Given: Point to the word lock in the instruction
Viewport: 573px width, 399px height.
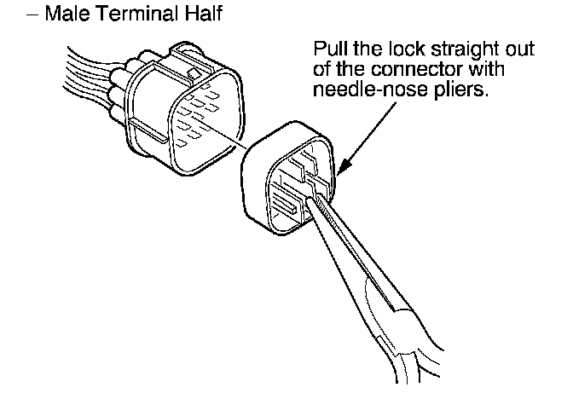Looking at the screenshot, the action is pos(408,49).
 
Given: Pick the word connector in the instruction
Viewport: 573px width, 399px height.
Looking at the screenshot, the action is pos(414,70).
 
